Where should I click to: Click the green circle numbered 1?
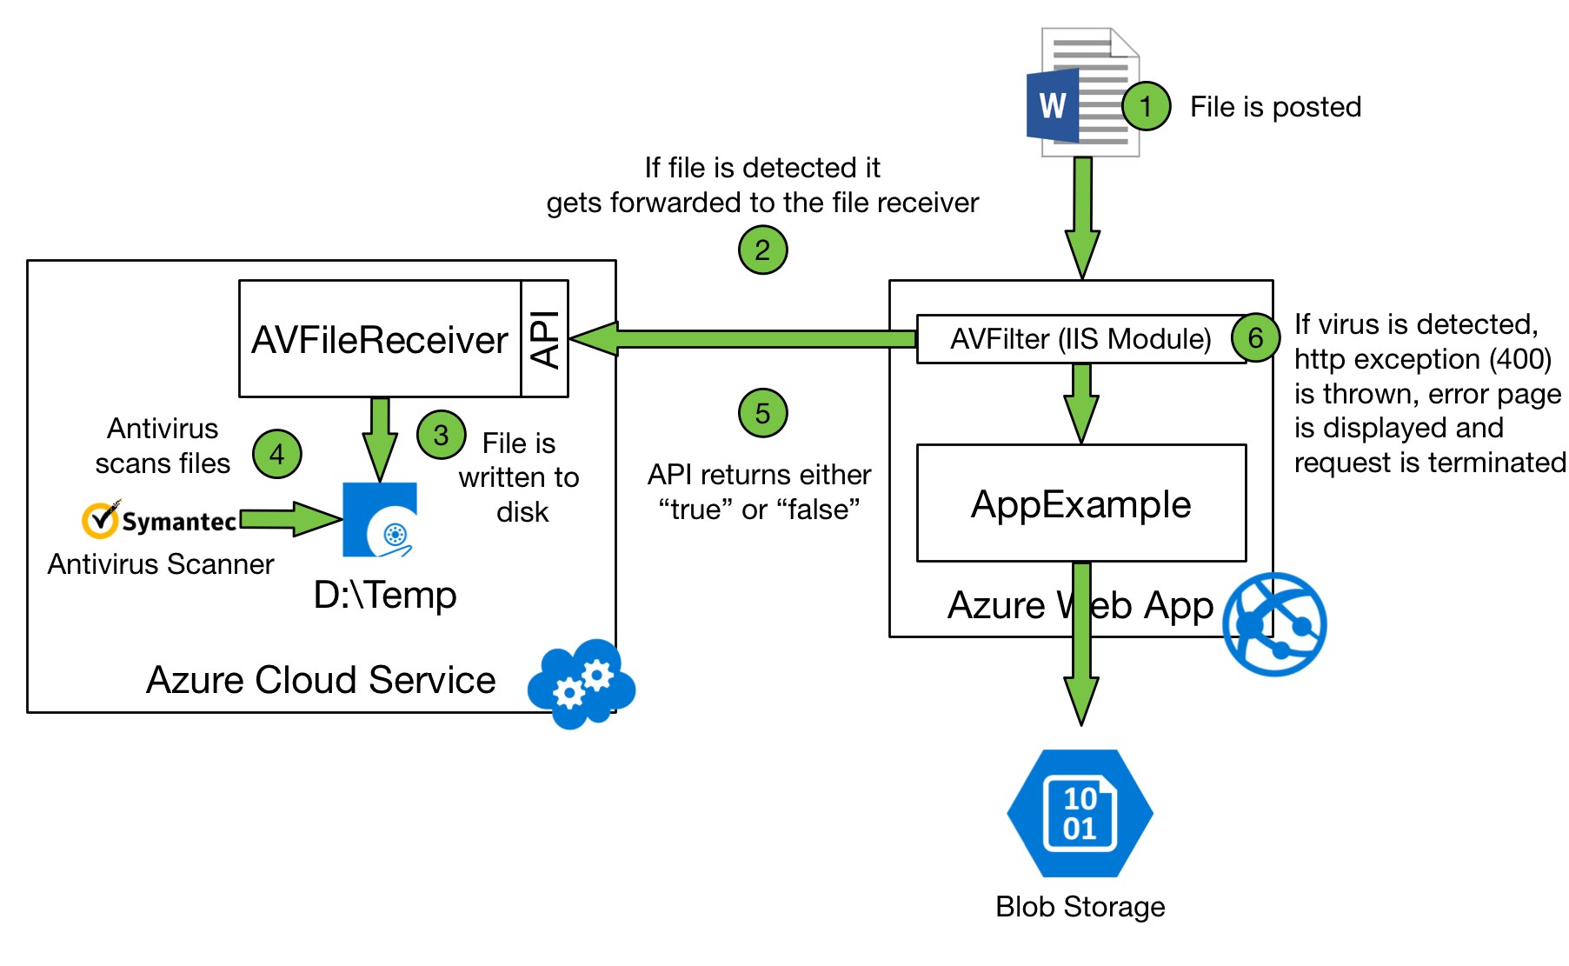(x=1146, y=106)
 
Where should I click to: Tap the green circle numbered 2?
(x=762, y=250)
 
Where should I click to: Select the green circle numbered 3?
(x=442, y=435)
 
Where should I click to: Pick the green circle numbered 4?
(x=277, y=454)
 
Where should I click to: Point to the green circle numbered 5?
(x=762, y=413)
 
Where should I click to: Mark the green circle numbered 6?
(x=1255, y=337)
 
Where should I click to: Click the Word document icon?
(x=1083, y=92)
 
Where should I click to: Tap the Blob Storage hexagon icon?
(x=1080, y=813)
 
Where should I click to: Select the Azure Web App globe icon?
(x=1274, y=624)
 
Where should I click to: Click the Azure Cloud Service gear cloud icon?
(x=582, y=683)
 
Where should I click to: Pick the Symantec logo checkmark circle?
(x=100, y=520)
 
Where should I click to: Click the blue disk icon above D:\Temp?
(x=380, y=520)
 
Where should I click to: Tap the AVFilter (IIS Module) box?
(x=1081, y=339)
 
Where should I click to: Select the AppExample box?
(x=1081, y=503)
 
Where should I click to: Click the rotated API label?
(x=545, y=339)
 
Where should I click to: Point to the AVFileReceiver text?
(x=380, y=340)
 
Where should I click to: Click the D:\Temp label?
(x=385, y=596)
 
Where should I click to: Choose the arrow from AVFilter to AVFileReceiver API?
(x=743, y=339)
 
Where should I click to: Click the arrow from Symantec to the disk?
(x=291, y=519)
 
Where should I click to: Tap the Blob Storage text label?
(x=1080, y=907)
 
